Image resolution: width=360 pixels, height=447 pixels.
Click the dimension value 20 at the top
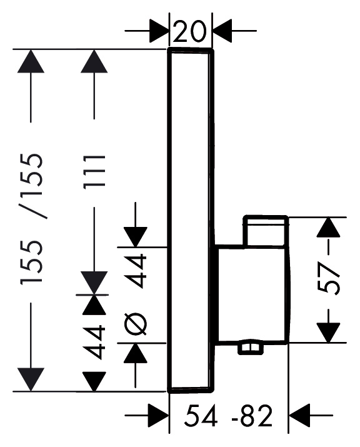189,32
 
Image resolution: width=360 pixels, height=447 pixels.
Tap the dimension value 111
94,172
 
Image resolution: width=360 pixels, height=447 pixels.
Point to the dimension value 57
329,279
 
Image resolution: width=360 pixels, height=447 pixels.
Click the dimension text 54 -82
228,416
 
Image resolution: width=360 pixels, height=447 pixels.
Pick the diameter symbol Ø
136,324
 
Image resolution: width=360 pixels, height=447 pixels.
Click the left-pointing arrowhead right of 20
223,31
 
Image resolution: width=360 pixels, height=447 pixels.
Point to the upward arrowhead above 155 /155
31,61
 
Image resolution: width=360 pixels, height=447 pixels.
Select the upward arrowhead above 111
94,61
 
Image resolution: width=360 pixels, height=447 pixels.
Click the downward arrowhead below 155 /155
31,379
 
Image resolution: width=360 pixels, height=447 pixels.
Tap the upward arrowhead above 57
329,227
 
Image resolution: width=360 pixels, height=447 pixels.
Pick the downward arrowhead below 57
329,333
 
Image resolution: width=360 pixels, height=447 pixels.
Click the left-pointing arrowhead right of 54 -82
299,415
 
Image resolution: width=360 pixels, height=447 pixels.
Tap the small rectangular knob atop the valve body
266,231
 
